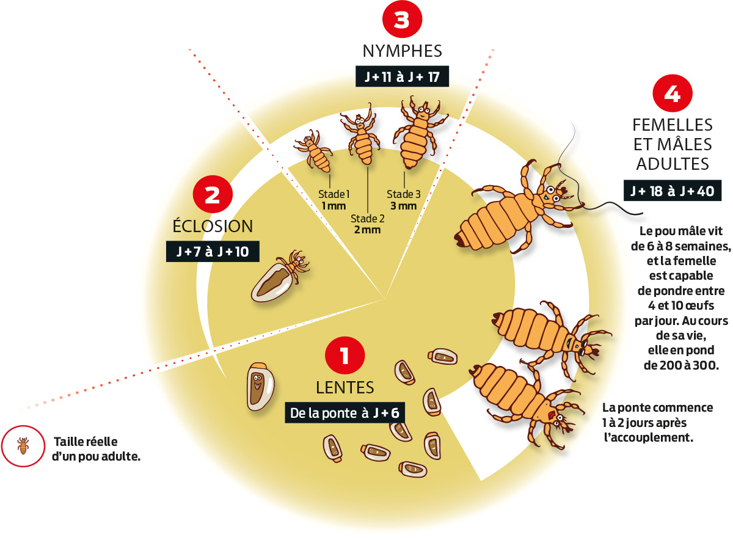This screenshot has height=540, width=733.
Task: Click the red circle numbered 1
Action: click(x=345, y=356)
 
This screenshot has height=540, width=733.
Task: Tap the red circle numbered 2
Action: click(x=213, y=194)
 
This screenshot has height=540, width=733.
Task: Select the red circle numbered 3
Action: click(x=402, y=19)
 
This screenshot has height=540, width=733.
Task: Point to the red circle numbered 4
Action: click(x=673, y=93)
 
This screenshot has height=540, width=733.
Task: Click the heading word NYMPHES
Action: click(x=402, y=51)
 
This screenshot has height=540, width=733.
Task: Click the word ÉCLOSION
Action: click(x=213, y=226)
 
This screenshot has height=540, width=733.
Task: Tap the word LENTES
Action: click(x=345, y=388)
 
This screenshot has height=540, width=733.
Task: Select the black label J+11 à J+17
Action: click(x=402, y=76)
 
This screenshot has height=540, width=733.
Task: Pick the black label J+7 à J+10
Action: click(x=213, y=251)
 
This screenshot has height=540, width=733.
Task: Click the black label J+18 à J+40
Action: click(x=673, y=191)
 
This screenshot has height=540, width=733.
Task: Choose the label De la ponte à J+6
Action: click(x=345, y=413)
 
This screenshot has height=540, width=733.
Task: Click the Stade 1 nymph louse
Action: click(x=313, y=151)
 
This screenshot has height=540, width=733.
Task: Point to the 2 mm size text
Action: click(x=367, y=230)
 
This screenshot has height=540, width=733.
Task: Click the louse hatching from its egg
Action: click(x=280, y=276)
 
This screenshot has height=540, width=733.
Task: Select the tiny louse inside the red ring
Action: click(x=23, y=446)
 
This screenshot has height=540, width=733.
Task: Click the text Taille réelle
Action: click(x=86, y=442)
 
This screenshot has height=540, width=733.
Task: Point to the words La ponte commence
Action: click(x=658, y=408)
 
